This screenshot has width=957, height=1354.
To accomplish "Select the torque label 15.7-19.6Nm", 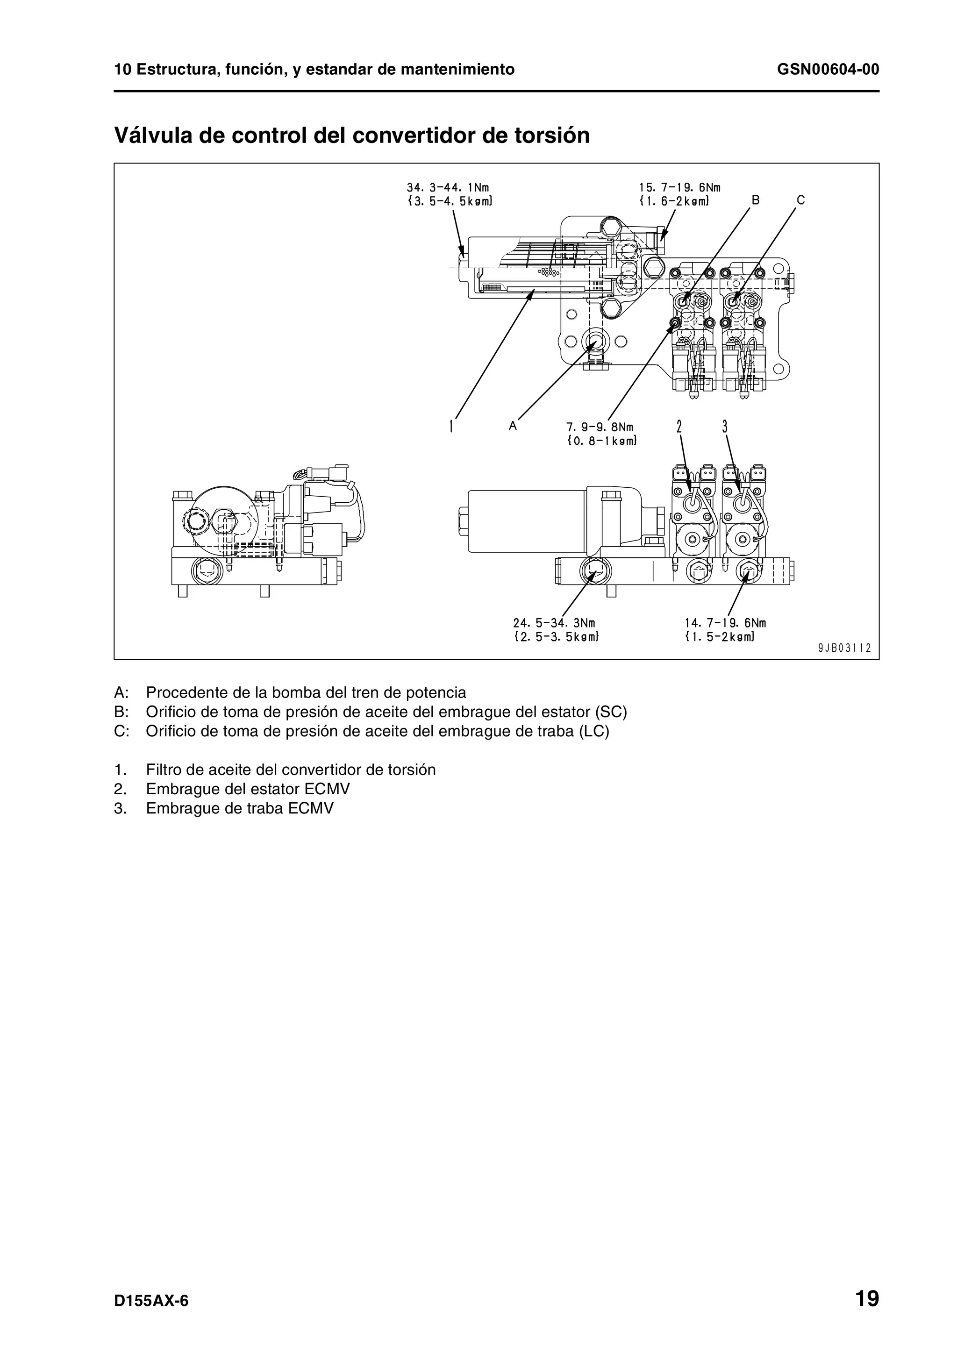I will pos(680,187).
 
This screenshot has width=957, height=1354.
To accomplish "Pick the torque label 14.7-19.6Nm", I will pos(725,623).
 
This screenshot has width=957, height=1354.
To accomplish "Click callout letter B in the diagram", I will pos(755,200).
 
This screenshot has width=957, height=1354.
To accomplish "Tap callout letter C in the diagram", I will pos(800,200).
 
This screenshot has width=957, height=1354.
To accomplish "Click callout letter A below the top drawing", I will pos(513,425).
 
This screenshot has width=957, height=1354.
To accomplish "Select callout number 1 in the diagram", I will pos(451,426).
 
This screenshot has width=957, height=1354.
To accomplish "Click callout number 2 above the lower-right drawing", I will pos(679,426).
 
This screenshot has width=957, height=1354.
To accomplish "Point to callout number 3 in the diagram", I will pos(725,426).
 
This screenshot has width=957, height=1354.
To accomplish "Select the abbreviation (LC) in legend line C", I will pos(594,731).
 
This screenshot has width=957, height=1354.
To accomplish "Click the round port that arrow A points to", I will pos(593,341).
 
